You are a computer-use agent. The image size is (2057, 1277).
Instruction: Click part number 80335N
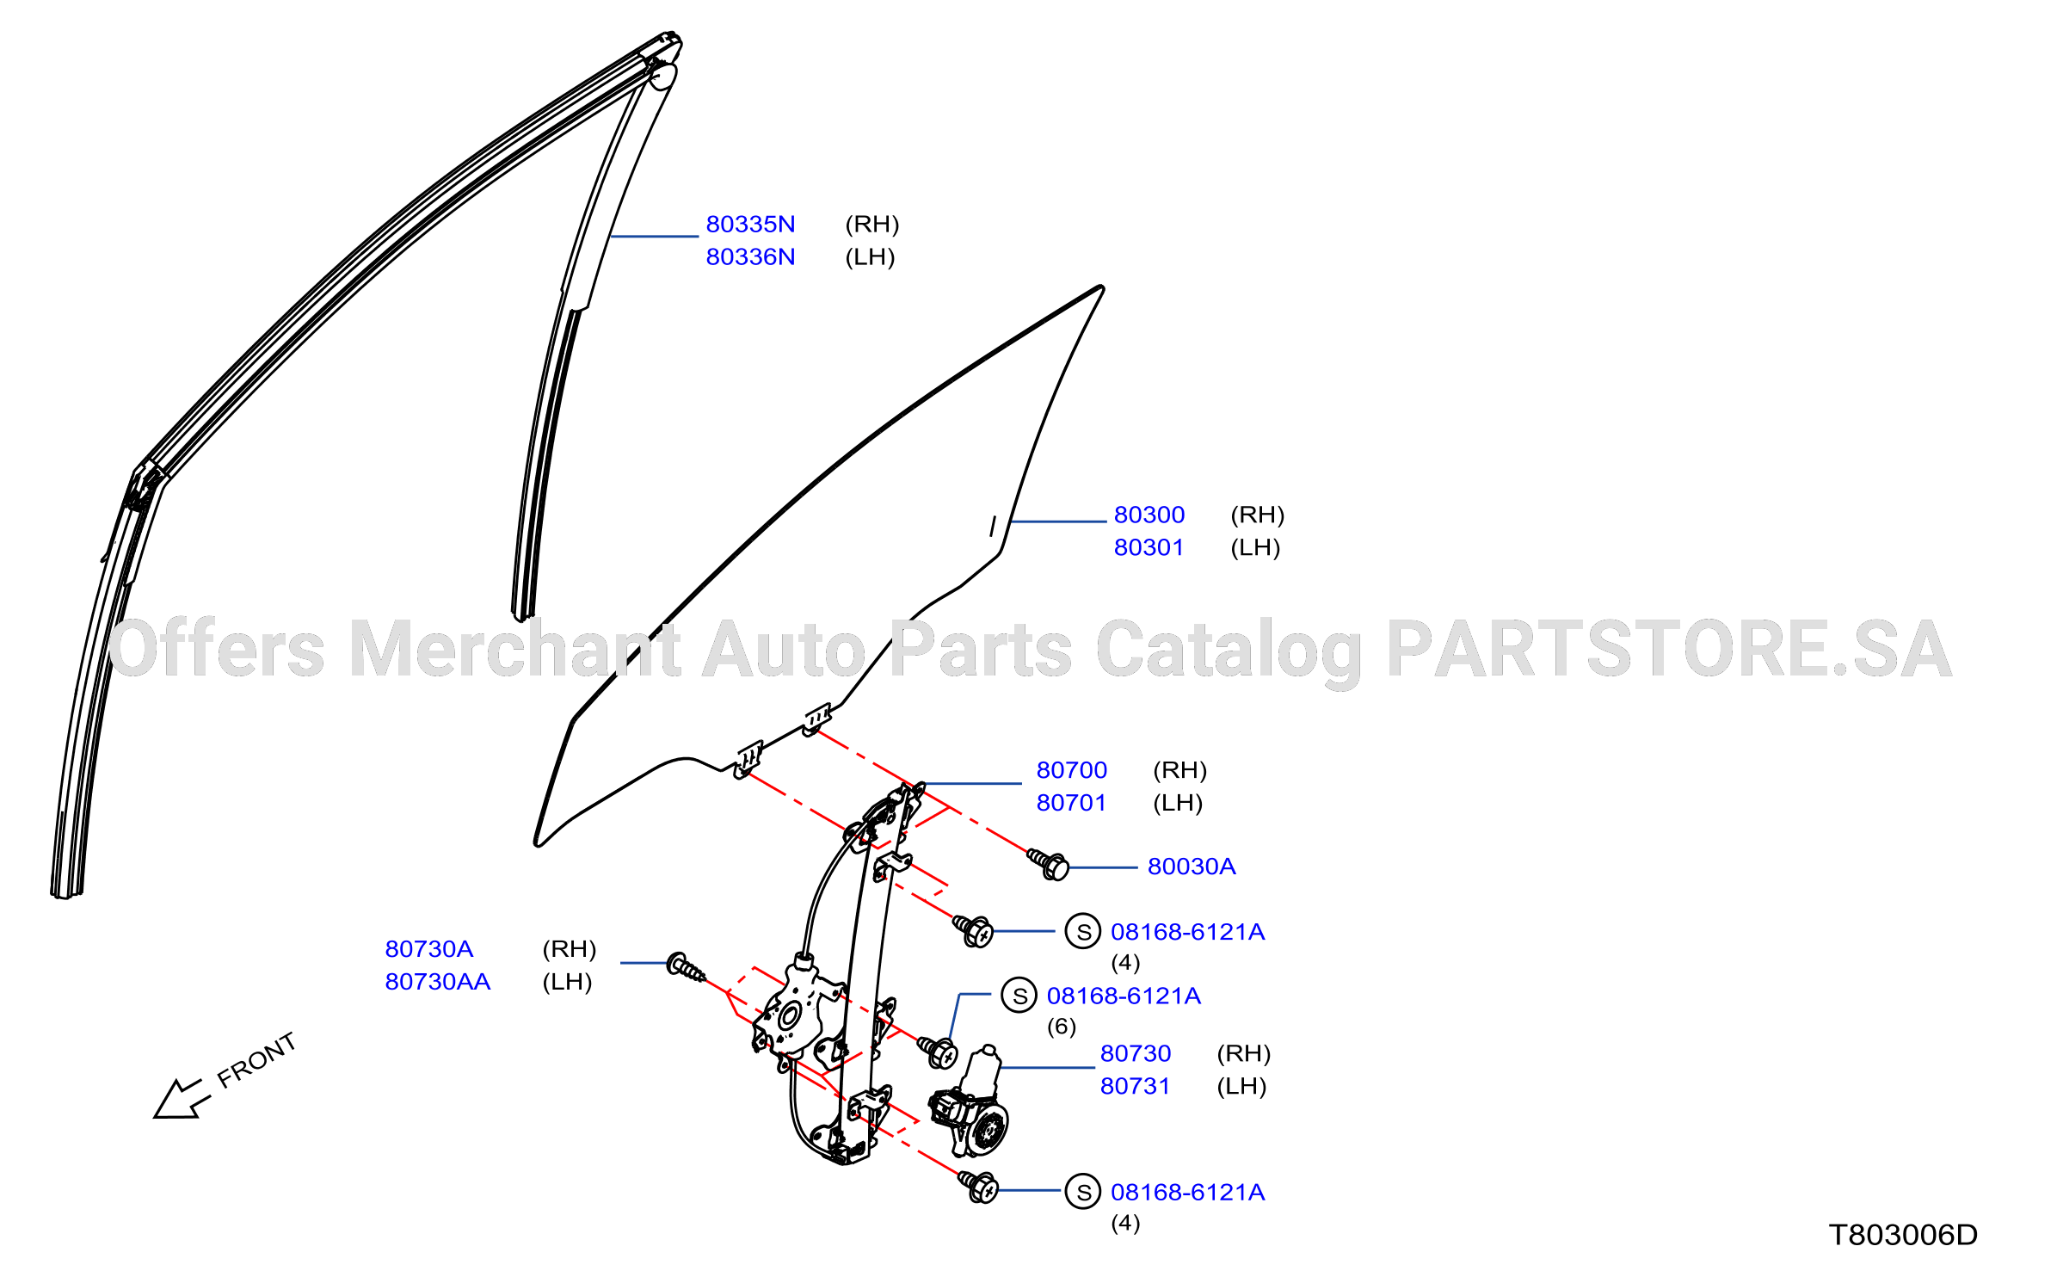pyautogui.click(x=750, y=225)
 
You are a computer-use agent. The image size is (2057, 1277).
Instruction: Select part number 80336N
pyautogui.click(x=750, y=257)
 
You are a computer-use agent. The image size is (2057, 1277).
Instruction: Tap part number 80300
pyautogui.click(x=1149, y=515)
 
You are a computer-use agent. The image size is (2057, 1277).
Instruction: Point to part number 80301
pyautogui.click(x=1149, y=548)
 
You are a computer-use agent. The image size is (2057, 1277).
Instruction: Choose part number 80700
pyautogui.click(x=1072, y=771)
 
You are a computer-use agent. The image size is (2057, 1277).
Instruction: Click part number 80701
pyautogui.click(x=1072, y=804)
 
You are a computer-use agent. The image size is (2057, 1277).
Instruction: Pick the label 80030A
pyautogui.click(x=1192, y=867)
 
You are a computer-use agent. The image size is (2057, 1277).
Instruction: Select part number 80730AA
pyautogui.click(x=438, y=983)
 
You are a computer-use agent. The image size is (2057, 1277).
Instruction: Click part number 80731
pyautogui.click(x=1136, y=1087)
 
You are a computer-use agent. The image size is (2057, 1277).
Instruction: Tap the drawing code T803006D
pyautogui.click(x=1903, y=1236)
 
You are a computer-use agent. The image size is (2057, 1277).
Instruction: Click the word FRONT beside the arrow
pyautogui.click(x=256, y=1060)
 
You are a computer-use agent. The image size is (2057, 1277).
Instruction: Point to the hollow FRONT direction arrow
pyautogui.click(x=182, y=1099)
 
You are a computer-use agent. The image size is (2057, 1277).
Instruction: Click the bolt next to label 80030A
pyautogui.click(x=1048, y=864)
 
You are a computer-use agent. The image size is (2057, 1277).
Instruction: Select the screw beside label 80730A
pyautogui.click(x=687, y=968)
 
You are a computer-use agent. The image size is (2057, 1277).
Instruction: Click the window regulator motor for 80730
pyautogui.click(x=970, y=1103)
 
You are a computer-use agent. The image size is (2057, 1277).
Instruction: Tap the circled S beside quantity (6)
pyautogui.click(x=1019, y=996)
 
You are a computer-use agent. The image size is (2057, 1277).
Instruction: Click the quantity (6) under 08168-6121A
pyautogui.click(x=1062, y=1027)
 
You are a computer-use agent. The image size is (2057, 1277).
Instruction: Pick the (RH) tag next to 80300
pyautogui.click(x=1258, y=515)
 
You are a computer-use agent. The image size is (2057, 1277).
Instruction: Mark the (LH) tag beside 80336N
pyautogui.click(x=871, y=257)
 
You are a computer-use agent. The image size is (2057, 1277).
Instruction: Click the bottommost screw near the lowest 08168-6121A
pyautogui.click(x=978, y=1188)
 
